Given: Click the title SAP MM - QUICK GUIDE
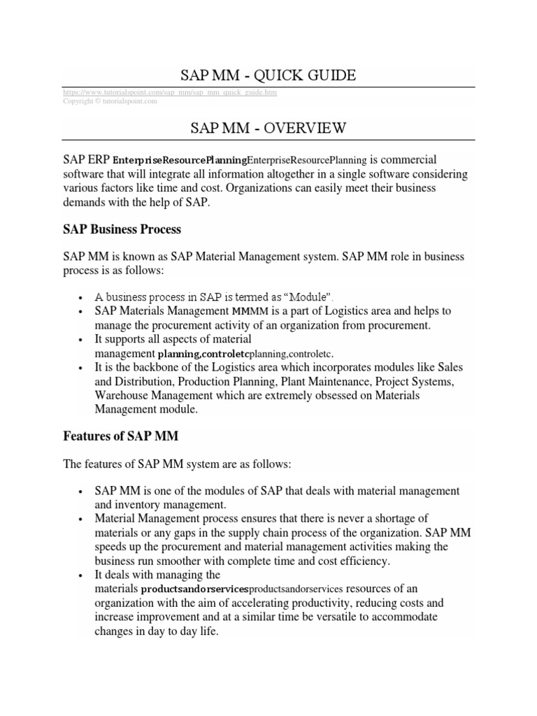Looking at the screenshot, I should tap(268, 75).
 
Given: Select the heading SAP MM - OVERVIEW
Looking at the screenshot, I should tap(268, 127).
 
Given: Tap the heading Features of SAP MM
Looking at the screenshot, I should tap(120, 436).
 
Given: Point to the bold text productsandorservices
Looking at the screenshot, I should tap(194, 589).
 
